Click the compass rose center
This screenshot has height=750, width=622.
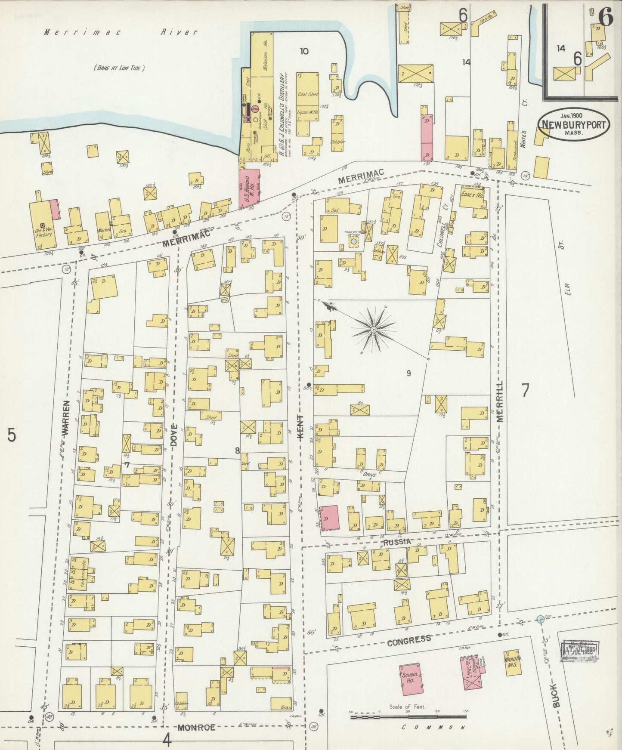click(x=374, y=329)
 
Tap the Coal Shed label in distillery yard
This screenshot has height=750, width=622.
click(x=308, y=93)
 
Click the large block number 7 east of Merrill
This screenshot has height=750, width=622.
click(x=525, y=390)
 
